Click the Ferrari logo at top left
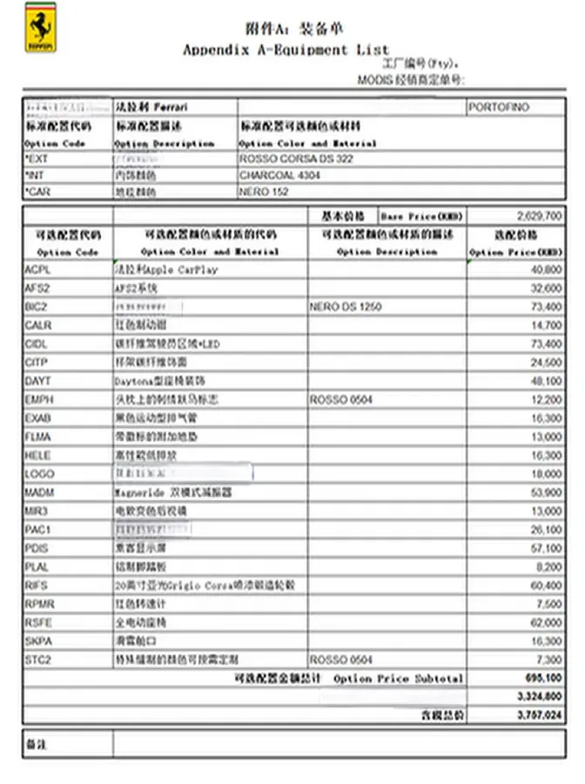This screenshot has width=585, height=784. click(39, 32)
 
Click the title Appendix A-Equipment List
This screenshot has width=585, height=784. click(286, 50)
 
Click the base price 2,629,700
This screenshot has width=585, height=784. click(539, 214)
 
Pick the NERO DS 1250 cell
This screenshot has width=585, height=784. click(346, 308)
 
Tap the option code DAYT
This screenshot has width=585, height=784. click(38, 381)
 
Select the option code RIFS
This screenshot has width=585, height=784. click(37, 585)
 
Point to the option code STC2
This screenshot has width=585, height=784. click(38, 659)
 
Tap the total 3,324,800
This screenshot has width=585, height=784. click(539, 696)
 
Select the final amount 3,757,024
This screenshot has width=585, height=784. click(539, 714)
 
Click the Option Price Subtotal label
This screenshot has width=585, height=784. click(399, 678)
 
